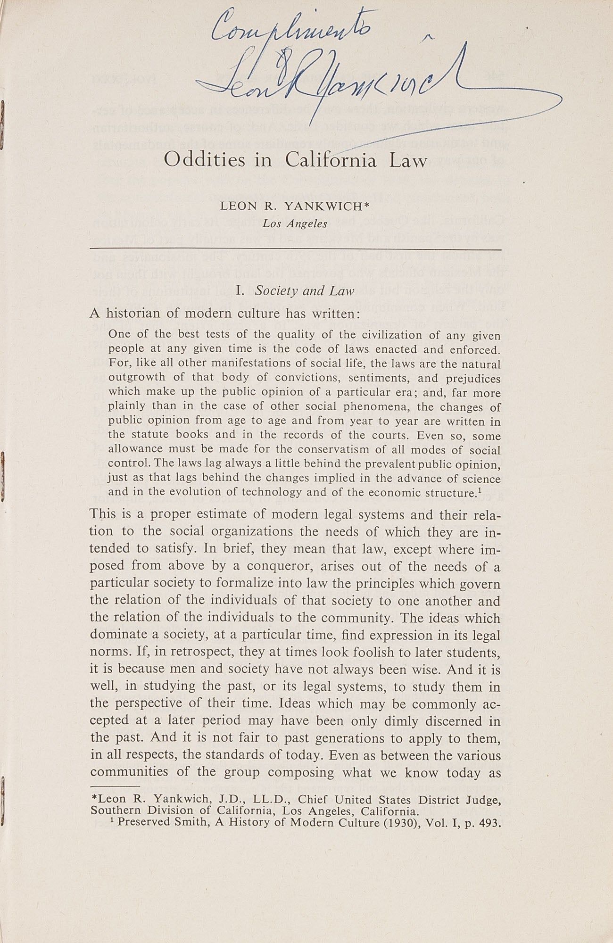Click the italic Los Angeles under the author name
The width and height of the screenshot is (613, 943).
[x=295, y=223]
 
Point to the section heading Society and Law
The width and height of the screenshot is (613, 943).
[x=304, y=290]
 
